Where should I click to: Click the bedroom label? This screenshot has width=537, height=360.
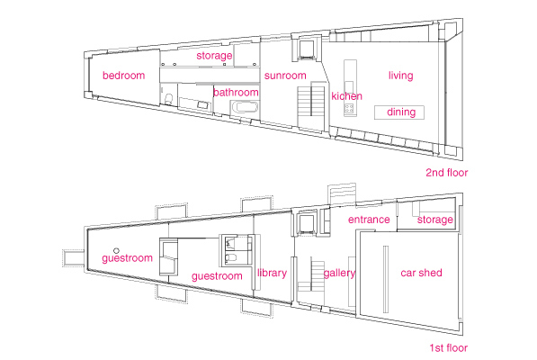(123, 76)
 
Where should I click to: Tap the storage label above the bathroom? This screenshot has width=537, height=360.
(214, 56)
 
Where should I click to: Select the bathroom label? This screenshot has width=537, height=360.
(236, 92)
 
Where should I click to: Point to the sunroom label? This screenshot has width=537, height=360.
(285, 76)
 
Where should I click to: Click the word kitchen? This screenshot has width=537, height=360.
(346, 96)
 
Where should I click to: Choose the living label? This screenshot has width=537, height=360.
(400, 76)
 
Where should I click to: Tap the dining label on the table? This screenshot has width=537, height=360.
(401, 112)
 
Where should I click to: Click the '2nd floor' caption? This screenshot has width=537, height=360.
(446, 172)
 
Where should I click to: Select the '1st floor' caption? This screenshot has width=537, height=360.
(449, 348)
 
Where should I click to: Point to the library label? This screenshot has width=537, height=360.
(272, 273)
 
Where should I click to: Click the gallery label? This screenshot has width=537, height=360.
(339, 273)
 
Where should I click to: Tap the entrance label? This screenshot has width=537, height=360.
(369, 220)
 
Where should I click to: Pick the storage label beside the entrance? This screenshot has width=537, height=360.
(435, 220)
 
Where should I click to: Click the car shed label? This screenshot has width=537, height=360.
(421, 273)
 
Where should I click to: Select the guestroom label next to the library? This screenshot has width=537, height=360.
(217, 276)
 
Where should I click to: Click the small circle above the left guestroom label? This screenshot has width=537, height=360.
(116, 251)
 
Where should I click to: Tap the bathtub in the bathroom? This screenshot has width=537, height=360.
(245, 107)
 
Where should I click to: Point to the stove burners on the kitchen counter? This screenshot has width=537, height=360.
(349, 109)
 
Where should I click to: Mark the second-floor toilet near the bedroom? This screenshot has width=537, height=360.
(168, 99)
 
